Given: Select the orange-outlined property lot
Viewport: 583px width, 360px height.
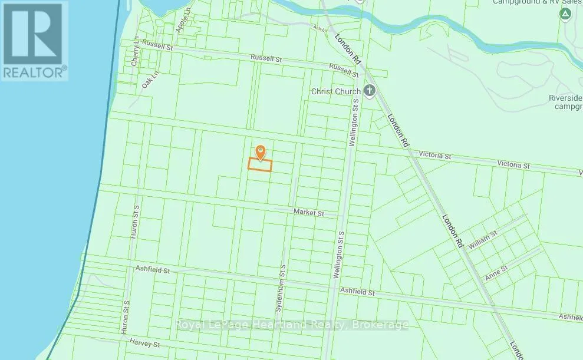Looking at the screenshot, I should [x=259, y=165].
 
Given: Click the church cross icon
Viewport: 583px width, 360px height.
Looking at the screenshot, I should [x=370, y=91].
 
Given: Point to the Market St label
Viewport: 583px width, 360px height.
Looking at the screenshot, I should [x=308, y=213].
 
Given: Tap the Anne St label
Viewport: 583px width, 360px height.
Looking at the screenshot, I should [x=496, y=270].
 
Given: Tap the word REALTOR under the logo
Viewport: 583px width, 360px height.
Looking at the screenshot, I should [x=34, y=72].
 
